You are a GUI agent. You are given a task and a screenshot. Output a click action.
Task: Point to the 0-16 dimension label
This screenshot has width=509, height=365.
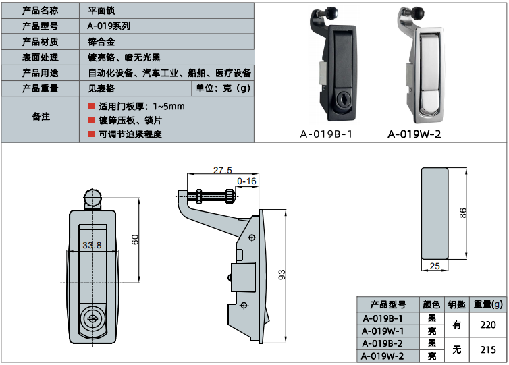pyautogui.click(x=247, y=181)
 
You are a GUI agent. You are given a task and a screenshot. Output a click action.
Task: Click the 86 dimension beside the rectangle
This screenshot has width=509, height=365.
pyautogui.click(x=463, y=213)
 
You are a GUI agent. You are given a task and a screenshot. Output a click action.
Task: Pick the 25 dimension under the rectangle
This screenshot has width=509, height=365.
pyautogui.click(x=435, y=266)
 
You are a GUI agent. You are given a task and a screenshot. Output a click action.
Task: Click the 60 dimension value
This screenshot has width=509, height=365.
pyautogui.click(x=135, y=239)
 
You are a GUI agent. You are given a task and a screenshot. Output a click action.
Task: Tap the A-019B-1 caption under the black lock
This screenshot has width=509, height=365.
pyautogui.click(x=327, y=134)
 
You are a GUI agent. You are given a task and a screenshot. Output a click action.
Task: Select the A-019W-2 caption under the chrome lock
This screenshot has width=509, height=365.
pyautogui.click(x=414, y=134)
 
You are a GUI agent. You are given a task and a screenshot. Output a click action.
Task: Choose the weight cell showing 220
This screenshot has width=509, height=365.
pyautogui.click(x=487, y=325)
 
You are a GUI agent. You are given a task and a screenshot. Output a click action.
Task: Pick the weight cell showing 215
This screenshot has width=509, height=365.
pyautogui.click(x=487, y=349)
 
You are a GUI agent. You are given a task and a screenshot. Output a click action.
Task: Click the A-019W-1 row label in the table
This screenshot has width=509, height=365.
pyautogui.click(x=383, y=331)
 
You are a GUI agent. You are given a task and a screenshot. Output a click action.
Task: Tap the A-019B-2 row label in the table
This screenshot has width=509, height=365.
pyautogui.click(x=383, y=343)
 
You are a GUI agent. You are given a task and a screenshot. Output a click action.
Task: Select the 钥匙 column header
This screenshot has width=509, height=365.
pyautogui.click(x=457, y=304)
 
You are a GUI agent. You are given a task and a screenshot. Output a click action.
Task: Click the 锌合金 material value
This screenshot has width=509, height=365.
pyautogui.click(x=101, y=42)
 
